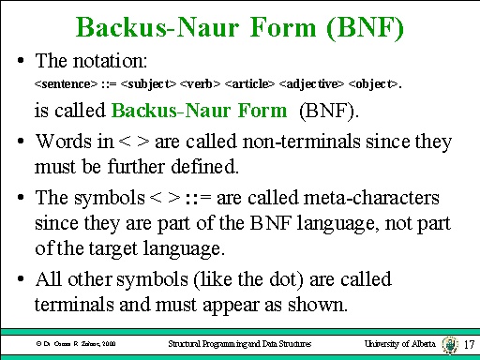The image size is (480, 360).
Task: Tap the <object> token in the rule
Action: (374, 85)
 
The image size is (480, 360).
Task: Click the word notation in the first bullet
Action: (101, 62)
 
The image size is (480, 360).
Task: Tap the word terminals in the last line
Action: (74, 305)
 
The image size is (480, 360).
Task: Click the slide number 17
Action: (470, 344)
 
